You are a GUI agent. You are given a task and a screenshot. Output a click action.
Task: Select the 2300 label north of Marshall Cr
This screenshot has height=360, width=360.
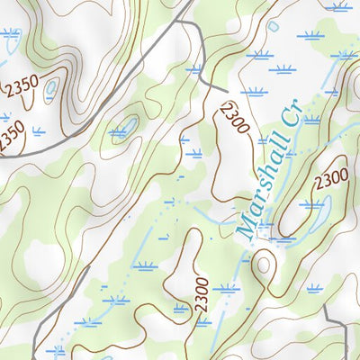[233, 118]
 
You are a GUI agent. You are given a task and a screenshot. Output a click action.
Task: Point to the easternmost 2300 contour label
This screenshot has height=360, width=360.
[329, 181]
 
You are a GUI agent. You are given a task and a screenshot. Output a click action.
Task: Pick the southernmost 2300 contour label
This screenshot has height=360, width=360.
[202, 294]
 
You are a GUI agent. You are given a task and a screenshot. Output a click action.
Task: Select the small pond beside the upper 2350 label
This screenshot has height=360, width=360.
[51, 88]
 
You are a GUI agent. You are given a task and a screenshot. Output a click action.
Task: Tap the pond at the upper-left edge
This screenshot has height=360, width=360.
[4, 58]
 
